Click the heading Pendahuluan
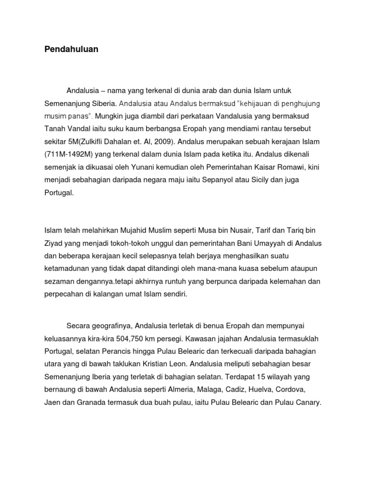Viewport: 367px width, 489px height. click(x=71, y=49)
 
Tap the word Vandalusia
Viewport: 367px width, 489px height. click(x=237, y=116)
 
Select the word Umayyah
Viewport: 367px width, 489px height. click(x=265, y=243)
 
